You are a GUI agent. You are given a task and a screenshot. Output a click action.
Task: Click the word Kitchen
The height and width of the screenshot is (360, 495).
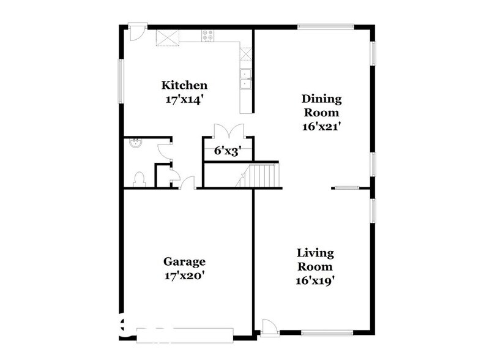coord(184,85)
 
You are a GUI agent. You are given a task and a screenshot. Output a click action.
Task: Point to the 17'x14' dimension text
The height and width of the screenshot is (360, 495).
coord(184,99)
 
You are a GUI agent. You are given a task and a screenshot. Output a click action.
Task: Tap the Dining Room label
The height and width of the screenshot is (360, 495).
coord(321,105)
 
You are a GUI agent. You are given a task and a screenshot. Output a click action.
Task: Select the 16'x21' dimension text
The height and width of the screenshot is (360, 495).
coord(321,127)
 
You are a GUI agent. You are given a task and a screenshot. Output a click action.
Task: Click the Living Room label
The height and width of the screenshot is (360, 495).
coord(315,260)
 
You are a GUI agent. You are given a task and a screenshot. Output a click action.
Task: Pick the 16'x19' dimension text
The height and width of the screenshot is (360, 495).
coord(315,281)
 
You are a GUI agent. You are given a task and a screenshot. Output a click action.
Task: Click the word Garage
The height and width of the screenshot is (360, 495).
coord(184,262)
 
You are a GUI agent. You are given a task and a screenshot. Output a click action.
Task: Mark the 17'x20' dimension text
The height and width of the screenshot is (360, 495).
coord(184,276)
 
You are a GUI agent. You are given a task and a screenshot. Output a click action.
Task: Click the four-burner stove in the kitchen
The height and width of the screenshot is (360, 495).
coord(208,36)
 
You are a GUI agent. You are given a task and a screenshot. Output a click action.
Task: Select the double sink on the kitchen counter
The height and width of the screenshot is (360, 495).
coord(245,80)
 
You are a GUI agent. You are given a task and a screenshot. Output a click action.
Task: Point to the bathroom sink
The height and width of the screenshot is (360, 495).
coord(134,144)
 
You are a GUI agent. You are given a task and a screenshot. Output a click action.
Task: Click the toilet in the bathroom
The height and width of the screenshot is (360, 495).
coord(138,178)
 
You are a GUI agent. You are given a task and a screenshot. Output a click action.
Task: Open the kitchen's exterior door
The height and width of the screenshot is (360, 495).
coord(137,30)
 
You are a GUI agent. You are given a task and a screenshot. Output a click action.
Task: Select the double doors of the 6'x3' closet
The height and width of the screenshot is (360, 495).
coord(228,132)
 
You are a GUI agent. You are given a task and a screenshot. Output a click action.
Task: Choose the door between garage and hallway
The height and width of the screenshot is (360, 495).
coord(188,183)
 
